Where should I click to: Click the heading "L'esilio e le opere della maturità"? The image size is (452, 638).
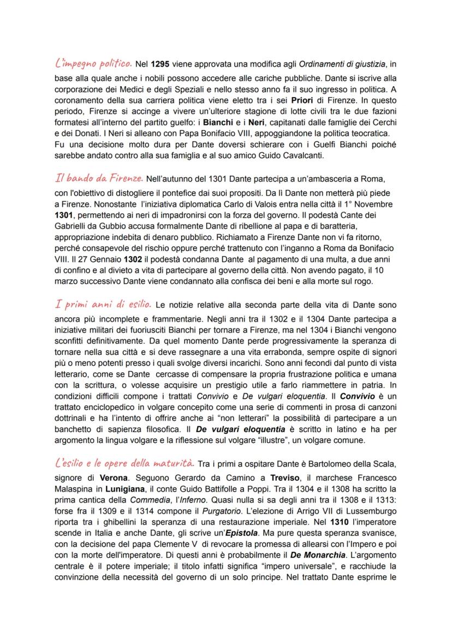124,463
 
